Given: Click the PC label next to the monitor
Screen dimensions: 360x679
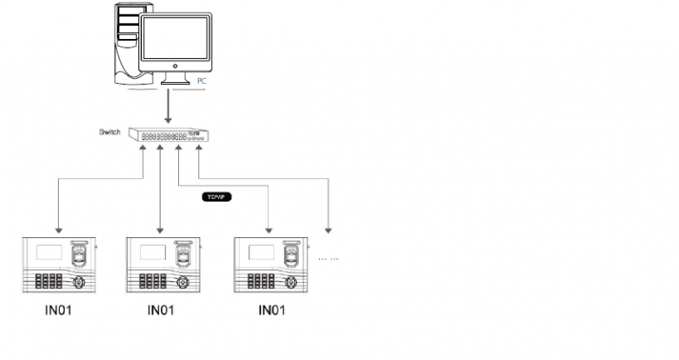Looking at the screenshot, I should (x=202, y=80).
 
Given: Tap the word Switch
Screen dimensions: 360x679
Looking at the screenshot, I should (x=111, y=132).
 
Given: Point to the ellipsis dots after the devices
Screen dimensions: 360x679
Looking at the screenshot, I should (x=329, y=258).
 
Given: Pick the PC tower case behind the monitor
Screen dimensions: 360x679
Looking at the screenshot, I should (x=126, y=39).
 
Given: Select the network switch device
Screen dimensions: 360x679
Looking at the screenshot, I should (x=170, y=135).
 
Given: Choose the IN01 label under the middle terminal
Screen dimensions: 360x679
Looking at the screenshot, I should (x=162, y=310).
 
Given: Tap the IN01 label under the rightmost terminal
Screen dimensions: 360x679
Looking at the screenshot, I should (x=270, y=310).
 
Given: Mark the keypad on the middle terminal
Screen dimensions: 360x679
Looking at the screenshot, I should (x=152, y=281).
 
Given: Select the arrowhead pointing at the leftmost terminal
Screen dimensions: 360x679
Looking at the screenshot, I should (x=58, y=231).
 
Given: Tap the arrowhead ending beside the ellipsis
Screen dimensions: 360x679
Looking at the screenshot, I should (x=328, y=231).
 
